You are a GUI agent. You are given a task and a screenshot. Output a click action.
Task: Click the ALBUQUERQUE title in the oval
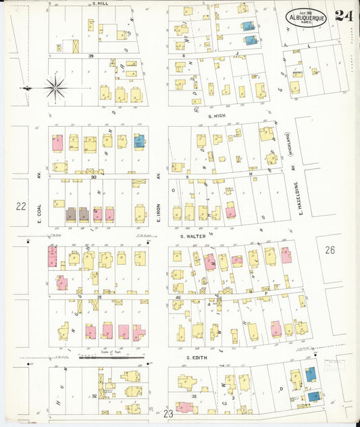pyautogui.click(x=306, y=18)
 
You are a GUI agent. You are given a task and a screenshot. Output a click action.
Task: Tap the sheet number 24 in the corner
pyautogui.click(x=342, y=15)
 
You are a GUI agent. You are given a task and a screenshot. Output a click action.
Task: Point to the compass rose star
pyautogui.click(x=55, y=86)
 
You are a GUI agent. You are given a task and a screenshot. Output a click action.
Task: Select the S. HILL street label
pyautogui.click(x=101, y=3)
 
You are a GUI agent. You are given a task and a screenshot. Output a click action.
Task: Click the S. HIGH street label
pyautogui.click(x=220, y=116)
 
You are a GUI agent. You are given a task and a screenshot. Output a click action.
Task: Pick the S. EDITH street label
pyautogui.click(x=195, y=357)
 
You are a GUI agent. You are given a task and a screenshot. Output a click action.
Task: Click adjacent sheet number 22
pyautogui.click(x=22, y=207)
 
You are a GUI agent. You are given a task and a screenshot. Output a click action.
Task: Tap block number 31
pyautogui.click(x=99, y=297)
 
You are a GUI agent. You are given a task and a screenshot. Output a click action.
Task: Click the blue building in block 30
pyautogui.click(x=140, y=142)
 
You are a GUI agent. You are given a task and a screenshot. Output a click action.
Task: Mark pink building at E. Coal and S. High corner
pyautogui.click(x=57, y=143)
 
